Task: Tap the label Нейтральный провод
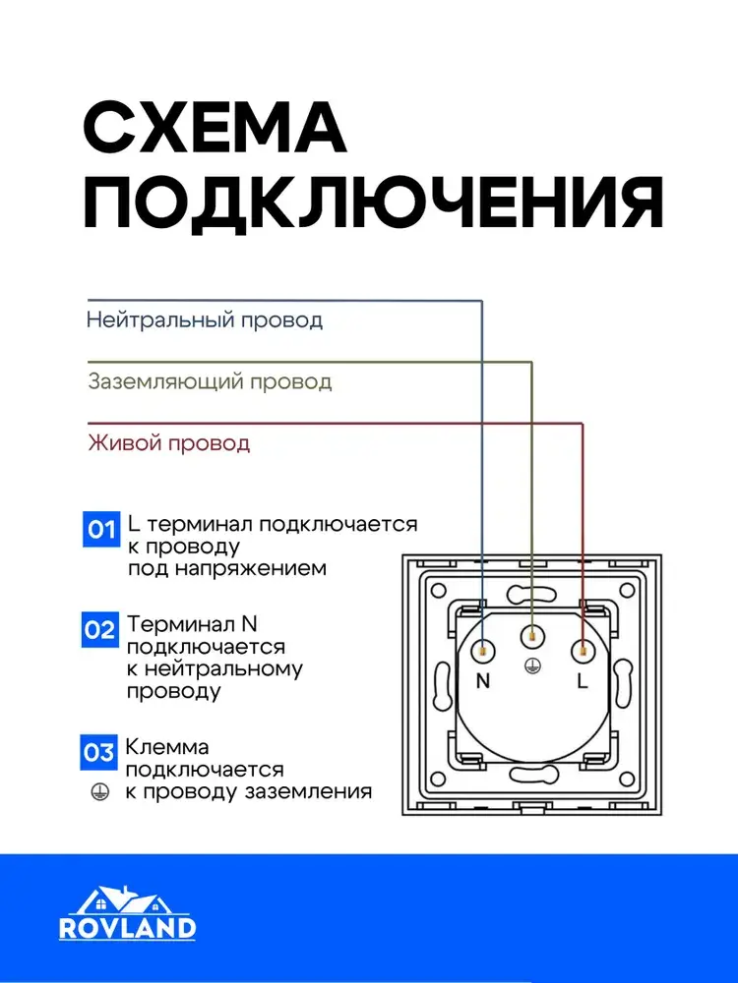click(x=205, y=319)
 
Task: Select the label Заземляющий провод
click(x=210, y=381)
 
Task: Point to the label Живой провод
click(x=169, y=442)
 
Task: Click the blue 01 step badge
click(x=99, y=531)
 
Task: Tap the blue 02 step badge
click(x=99, y=630)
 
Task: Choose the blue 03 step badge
click(x=99, y=753)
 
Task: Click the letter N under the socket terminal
click(x=482, y=681)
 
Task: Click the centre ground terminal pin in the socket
click(x=532, y=635)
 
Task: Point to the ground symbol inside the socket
click(x=532, y=665)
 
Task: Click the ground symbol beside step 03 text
click(x=97, y=790)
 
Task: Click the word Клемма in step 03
click(x=166, y=747)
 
